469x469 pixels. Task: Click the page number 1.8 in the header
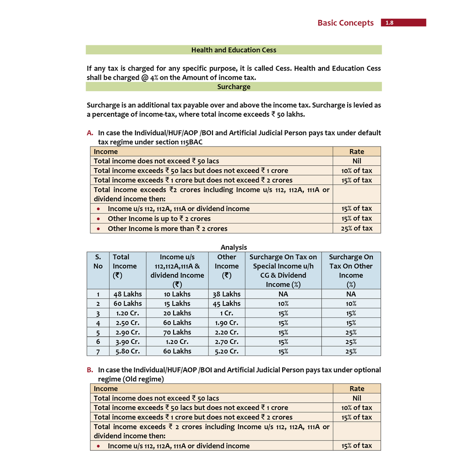coord(389,23)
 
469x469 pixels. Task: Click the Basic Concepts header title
coord(345,23)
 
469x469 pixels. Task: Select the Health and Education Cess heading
coord(234,50)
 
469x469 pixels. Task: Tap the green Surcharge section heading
coord(234,87)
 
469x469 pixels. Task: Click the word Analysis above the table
coord(234,247)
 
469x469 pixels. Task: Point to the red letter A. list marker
coord(90,133)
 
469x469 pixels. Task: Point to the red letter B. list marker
coord(90,370)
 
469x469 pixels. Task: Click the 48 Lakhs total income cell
coord(128,294)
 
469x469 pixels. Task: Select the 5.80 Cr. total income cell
coord(128,351)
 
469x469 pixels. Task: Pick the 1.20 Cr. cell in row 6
coord(177,342)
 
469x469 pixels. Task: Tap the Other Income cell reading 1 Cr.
coord(226,313)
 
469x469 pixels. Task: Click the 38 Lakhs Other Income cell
coord(226,294)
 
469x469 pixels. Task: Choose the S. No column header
coord(98,262)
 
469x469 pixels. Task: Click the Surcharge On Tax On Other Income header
coord(351,270)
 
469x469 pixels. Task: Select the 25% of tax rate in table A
coord(356,228)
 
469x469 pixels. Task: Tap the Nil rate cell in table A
coord(356,161)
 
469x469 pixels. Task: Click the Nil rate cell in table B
coord(356,398)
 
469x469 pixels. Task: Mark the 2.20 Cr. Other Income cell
coord(226,332)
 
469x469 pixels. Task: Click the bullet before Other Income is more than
coord(98,229)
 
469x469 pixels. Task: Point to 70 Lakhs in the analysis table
coord(177,332)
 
